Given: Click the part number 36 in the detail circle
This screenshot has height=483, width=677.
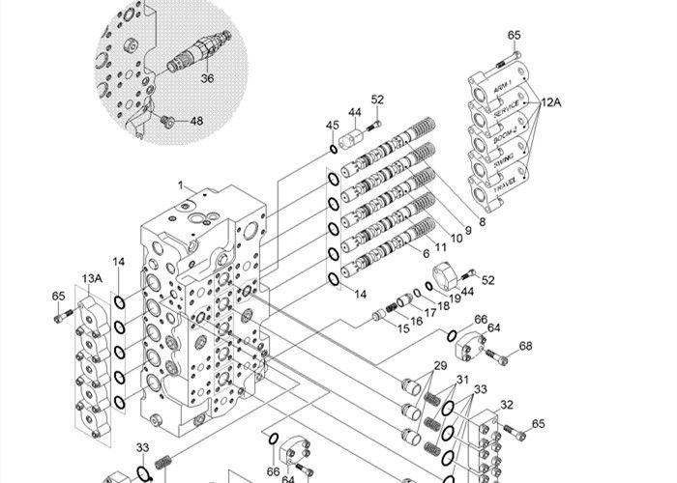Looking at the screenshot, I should (x=208, y=79).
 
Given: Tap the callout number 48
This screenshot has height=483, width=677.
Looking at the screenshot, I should (x=196, y=122).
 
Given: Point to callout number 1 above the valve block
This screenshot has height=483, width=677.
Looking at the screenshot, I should (x=179, y=185).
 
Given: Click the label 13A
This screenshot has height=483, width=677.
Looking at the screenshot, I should (x=92, y=279).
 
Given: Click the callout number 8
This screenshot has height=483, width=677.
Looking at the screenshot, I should (x=481, y=221).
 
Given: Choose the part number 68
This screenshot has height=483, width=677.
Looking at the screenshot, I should (x=525, y=345).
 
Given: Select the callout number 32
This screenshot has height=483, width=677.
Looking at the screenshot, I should (x=506, y=405).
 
